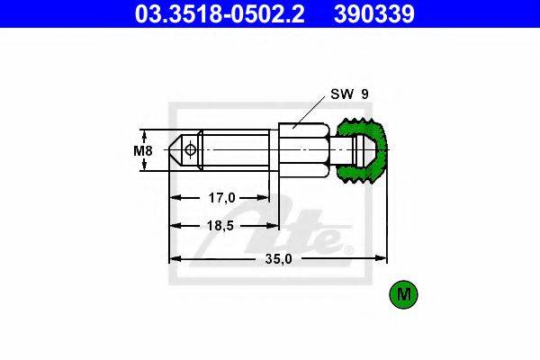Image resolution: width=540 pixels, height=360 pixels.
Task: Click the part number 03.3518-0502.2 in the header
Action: [x=220, y=14]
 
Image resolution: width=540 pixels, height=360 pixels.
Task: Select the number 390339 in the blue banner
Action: [x=374, y=14]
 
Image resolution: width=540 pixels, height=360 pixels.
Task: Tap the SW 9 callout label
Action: [x=349, y=94]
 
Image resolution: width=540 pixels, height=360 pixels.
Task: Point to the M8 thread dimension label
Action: [x=143, y=150]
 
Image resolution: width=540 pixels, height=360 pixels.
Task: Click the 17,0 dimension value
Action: [x=221, y=198]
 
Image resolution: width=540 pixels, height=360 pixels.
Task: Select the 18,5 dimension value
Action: [x=220, y=226]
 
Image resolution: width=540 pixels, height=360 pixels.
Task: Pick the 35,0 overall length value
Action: [x=278, y=258]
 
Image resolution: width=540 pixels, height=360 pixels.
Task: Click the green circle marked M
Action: [x=403, y=294]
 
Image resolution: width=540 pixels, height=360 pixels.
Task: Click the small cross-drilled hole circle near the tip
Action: [x=190, y=150]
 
